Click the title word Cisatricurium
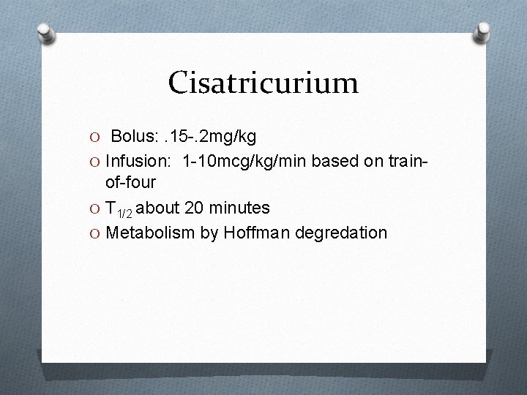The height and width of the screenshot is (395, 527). tap(263, 82)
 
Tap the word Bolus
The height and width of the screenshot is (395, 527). tap(135, 137)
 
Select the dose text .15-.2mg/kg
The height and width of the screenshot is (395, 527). tap(211, 137)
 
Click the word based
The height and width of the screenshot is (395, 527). tap(333, 160)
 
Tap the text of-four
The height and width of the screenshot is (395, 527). tap(136, 182)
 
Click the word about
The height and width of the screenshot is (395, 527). tap(160, 208)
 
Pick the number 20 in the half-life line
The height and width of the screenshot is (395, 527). tap(194, 208)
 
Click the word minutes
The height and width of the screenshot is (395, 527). tap(238, 208)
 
